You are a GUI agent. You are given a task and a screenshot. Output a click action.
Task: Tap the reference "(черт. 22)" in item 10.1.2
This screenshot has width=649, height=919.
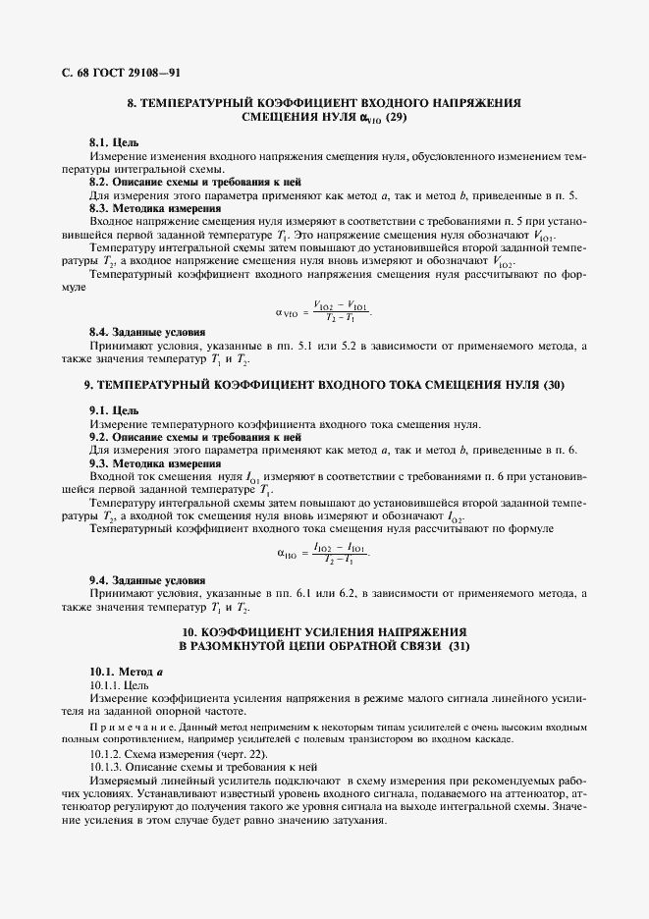tap(239, 754)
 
